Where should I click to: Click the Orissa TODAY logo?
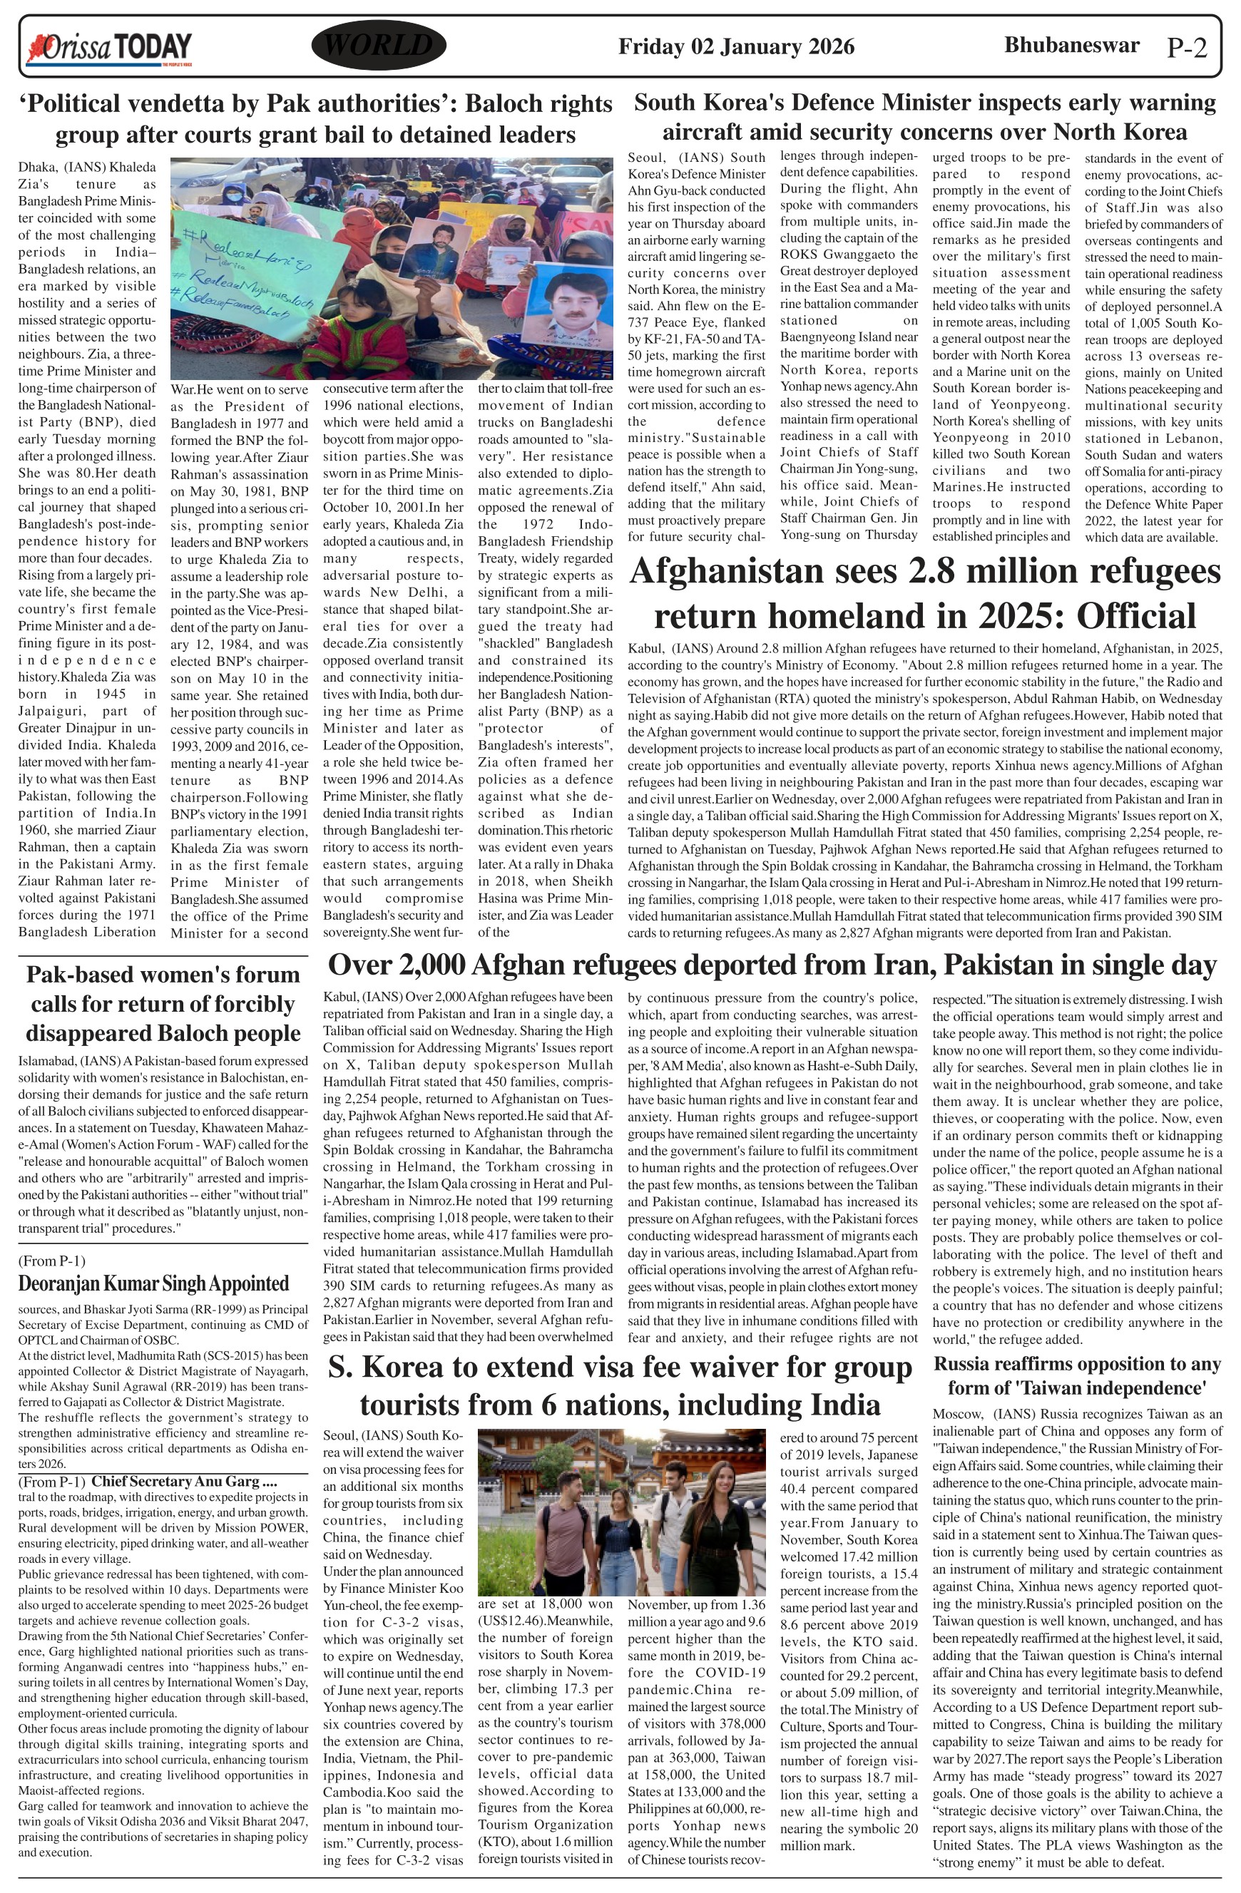110,48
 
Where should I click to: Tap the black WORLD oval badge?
379,46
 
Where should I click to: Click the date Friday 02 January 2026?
736,47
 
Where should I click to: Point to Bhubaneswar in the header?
1071,46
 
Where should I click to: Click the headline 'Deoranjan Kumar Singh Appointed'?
153,1283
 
